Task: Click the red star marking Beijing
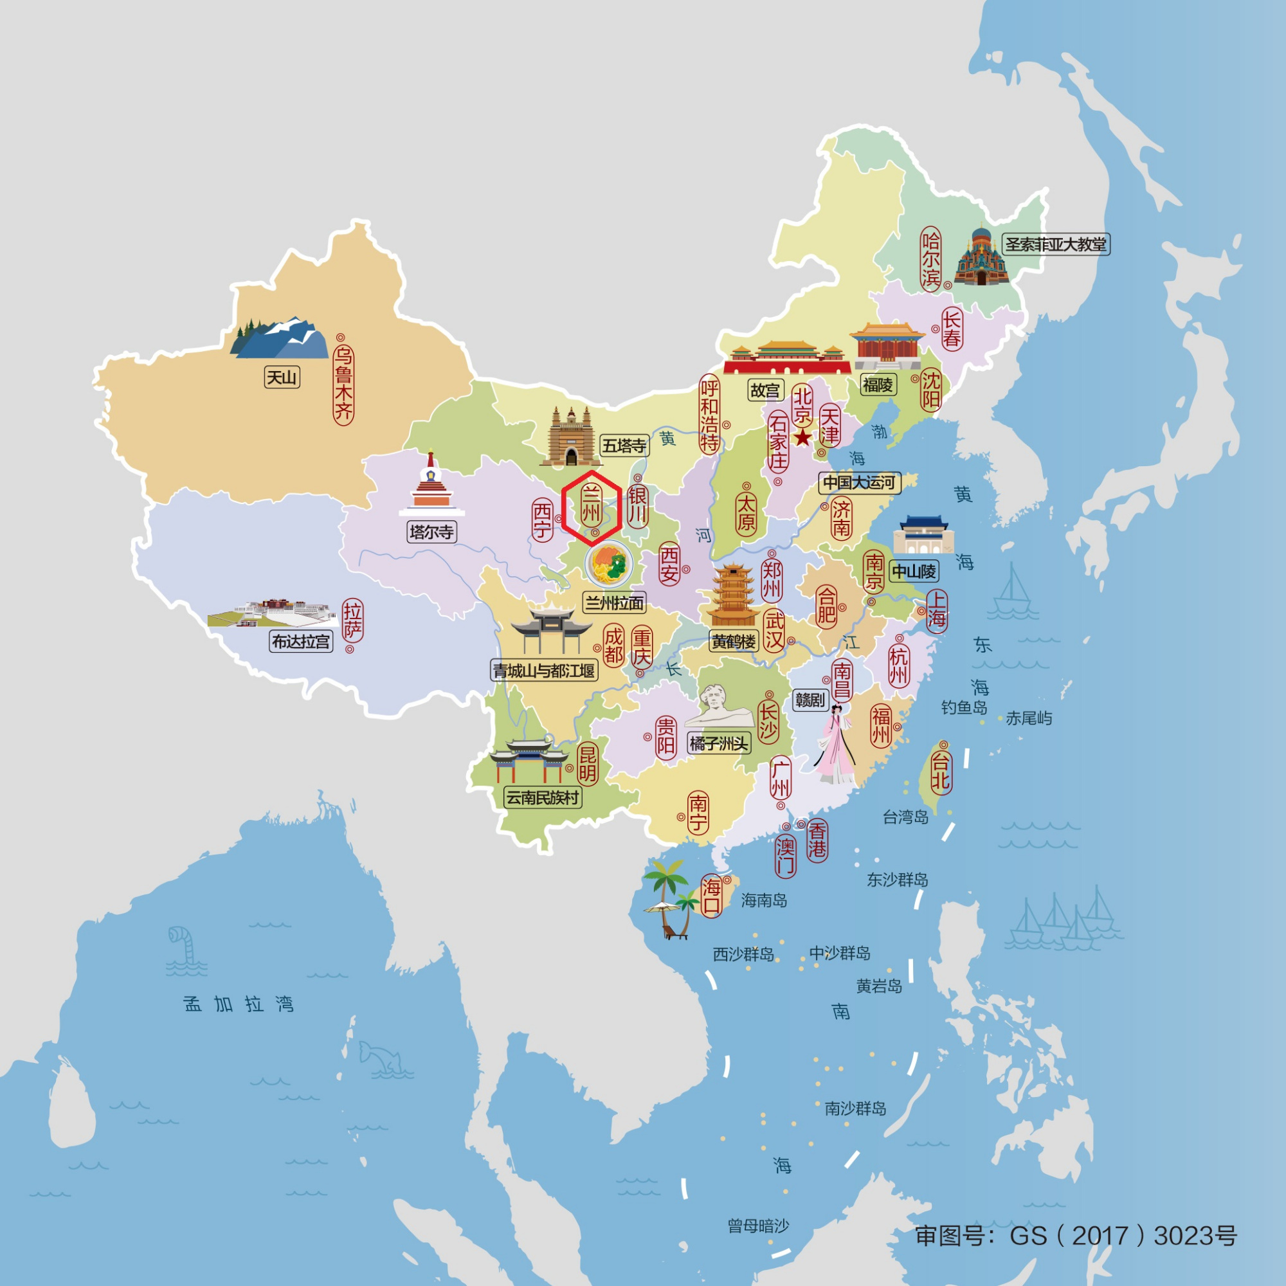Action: point(802,437)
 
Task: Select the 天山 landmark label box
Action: point(282,377)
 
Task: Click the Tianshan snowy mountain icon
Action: point(280,338)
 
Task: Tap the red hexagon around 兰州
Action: point(591,508)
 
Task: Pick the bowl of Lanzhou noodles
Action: point(609,565)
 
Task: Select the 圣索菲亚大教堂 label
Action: point(1055,244)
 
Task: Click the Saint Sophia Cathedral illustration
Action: point(981,259)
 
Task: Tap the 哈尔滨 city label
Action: point(930,259)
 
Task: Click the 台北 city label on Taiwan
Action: point(940,771)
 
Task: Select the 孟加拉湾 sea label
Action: point(239,1004)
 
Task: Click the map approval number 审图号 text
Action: point(1076,1235)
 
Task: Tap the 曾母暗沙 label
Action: point(758,1226)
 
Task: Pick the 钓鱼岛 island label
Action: point(964,707)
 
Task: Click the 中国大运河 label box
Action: point(858,483)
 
